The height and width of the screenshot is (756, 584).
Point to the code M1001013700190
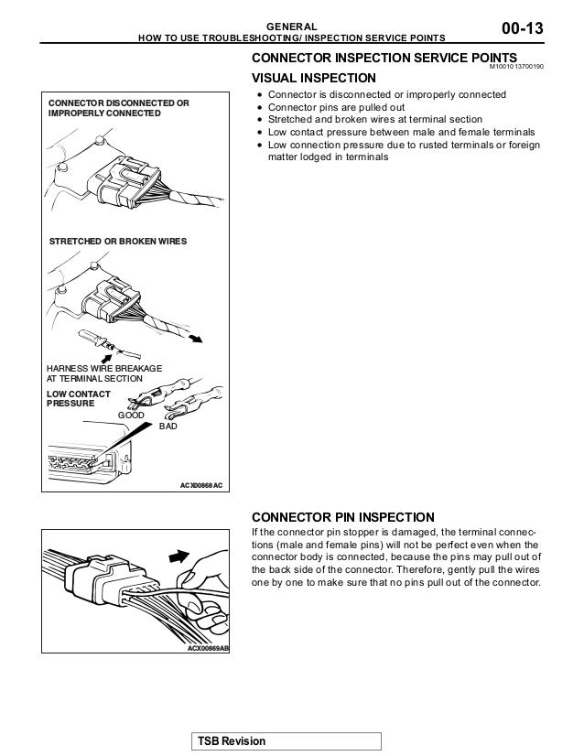click(515, 68)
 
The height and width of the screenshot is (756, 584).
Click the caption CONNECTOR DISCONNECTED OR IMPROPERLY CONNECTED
click(118, 109)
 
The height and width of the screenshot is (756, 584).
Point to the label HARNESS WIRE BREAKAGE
click(103, 368)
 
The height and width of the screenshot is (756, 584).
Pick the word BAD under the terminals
click(169, 427)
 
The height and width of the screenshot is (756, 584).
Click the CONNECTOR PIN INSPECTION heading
click(336, 515)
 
